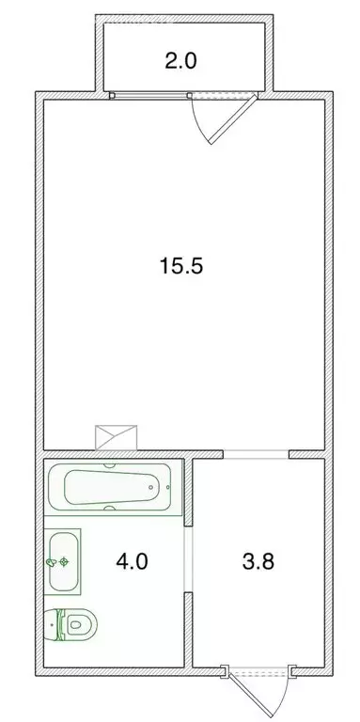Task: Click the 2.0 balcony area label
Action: coord(181,63)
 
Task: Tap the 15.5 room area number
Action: coord(181,265)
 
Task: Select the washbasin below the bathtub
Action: coord(64,561)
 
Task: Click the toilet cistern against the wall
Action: coord(51,624)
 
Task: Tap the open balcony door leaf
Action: coord(235,118)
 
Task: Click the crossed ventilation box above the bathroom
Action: coord(117,437)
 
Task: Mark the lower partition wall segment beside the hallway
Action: coord(189,636)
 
